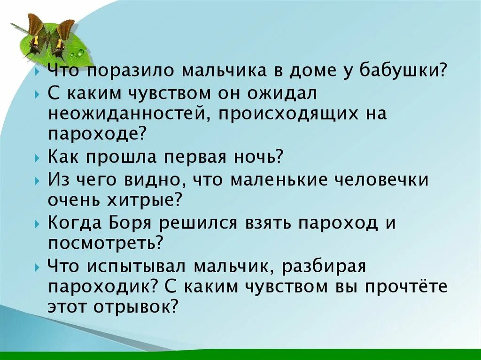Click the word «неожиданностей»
tap(126, 114)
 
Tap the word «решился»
tap(199, 222)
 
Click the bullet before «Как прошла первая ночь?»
tap(38, 157)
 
